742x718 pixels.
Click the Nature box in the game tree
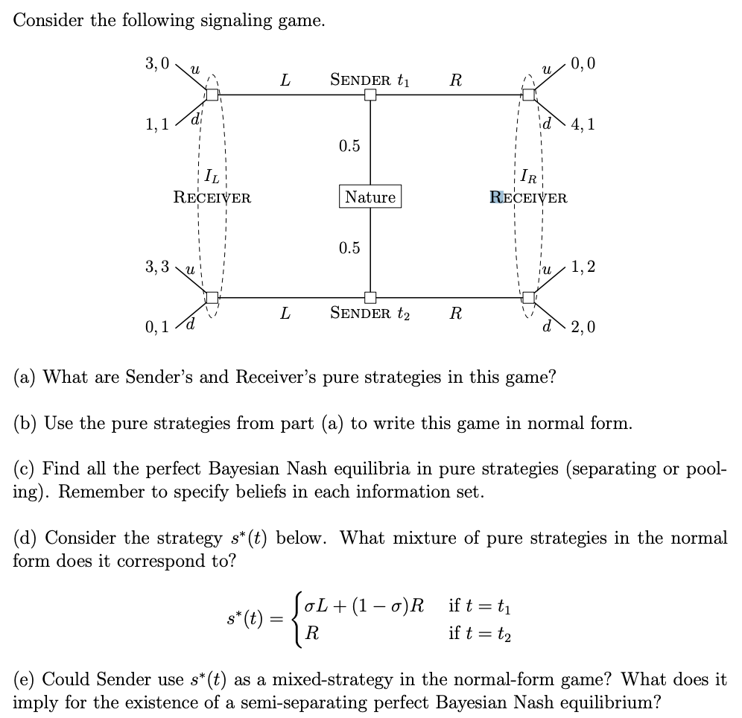(370, 197)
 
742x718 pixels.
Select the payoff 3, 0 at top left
(157, 63)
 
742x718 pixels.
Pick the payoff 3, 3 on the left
(157, 266)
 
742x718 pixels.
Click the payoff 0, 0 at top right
(582, 63)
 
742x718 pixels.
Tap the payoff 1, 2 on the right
(582, 266)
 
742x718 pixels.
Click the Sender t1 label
(370, 80)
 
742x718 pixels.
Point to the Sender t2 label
(370, 314)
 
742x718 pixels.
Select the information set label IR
(527, 179)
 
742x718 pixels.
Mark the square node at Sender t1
(370, 95)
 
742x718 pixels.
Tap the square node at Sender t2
(370, 297)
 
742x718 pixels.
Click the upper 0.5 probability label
(349, 146)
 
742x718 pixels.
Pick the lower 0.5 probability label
(349, 248)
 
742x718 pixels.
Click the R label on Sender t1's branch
(455, 80)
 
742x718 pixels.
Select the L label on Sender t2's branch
(285, 314)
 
